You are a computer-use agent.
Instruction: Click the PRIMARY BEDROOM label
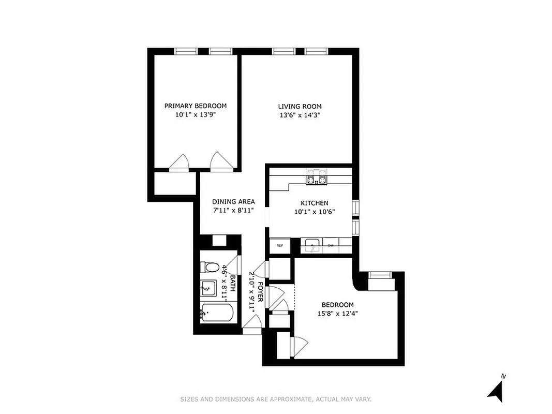pos(195,106)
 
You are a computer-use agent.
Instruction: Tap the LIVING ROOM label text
pos(296,106)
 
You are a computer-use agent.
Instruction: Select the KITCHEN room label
pos(314,203)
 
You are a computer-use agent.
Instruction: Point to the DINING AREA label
pos(233,202)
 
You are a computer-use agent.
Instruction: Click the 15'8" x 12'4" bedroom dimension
pos(337,313)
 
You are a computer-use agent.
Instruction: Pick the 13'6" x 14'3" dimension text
pos(296,115)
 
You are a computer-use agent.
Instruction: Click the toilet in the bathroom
pos(210,268)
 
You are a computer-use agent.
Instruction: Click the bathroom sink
pos(209,287)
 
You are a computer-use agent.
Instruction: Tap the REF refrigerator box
pos(280,245)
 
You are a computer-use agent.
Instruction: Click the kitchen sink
pos(312,245)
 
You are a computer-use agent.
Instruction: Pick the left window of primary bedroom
pos(186,51)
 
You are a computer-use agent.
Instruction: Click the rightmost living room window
pos(316,51)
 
